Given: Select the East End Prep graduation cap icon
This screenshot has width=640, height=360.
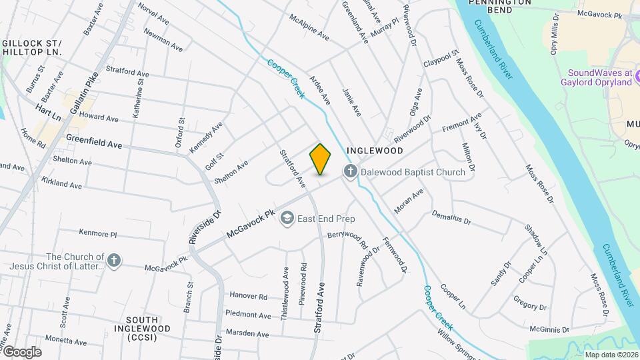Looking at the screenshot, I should click(x=287, y=218).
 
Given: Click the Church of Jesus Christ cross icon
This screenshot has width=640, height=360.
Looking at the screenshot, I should click(x=114, y=261).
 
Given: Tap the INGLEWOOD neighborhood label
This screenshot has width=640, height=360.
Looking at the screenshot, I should click(x=375, y=151).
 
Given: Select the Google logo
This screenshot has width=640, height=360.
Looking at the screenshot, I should click(x=21, y=352).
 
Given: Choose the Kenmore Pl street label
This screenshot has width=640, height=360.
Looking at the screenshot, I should click(x=97, y=234).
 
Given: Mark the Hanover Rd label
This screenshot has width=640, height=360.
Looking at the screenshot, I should click(x=248, y=296).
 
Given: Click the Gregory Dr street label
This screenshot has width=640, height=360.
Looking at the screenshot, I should click(x=531, y=303).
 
